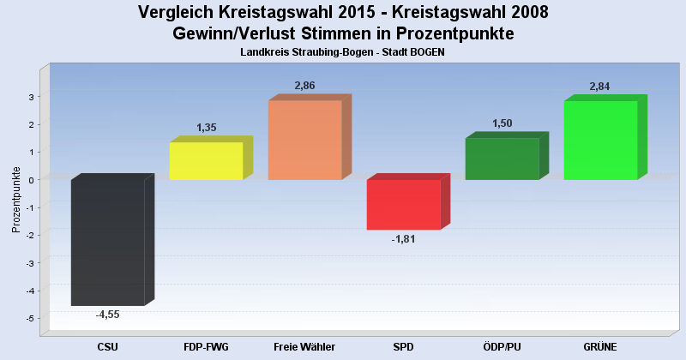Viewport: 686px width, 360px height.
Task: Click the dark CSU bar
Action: pos(107,242)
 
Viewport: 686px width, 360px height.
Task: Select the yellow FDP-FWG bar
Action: pos(206,161)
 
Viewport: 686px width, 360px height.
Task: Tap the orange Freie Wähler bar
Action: pos(304,140)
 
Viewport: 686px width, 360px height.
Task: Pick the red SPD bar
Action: pos(403,204)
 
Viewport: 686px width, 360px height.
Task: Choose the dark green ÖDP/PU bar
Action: pos(502,159)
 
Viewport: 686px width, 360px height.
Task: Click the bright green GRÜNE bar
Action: pos(600,140)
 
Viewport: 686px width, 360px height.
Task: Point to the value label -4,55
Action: pos(107,315)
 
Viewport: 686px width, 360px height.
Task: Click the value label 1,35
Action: pos(207,128)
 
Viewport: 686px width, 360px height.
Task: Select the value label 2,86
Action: pos(305,86)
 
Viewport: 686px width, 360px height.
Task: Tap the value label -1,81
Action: pos(403,238)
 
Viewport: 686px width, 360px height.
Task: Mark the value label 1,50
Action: pos(502,123)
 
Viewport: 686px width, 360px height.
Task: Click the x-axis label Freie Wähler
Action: pos(304,346)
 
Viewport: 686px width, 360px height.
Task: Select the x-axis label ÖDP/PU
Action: pos(502,346)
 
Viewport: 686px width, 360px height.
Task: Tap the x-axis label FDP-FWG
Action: pos(206,346)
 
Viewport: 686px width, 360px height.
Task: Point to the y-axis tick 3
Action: pos(30,97)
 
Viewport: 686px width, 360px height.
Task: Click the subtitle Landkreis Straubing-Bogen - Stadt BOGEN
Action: pos(343,52)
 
